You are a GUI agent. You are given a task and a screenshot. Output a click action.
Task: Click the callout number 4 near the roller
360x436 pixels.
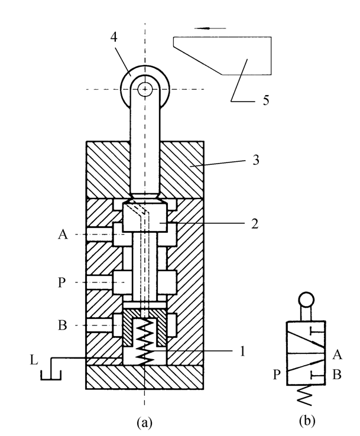tap(113, 37)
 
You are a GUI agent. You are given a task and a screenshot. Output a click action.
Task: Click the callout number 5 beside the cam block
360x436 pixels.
tap(266, 100)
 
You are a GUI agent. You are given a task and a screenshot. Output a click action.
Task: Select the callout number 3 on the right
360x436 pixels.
tap(256, 160)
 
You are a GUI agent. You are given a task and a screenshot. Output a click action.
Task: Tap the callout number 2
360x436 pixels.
tap(255, 223)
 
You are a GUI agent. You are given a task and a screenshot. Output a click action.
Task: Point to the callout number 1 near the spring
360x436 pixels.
tap(242, 351)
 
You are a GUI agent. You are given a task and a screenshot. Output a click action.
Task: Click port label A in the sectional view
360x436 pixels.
tap(63, 235)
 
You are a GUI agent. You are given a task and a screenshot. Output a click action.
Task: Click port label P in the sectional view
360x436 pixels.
tap(61, 282)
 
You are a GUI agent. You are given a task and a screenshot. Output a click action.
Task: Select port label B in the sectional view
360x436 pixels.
tap(63, 325)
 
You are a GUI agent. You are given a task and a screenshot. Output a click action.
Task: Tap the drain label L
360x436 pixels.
tap(34, 360)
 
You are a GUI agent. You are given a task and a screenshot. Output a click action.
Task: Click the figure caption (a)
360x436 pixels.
tap(145, 422)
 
